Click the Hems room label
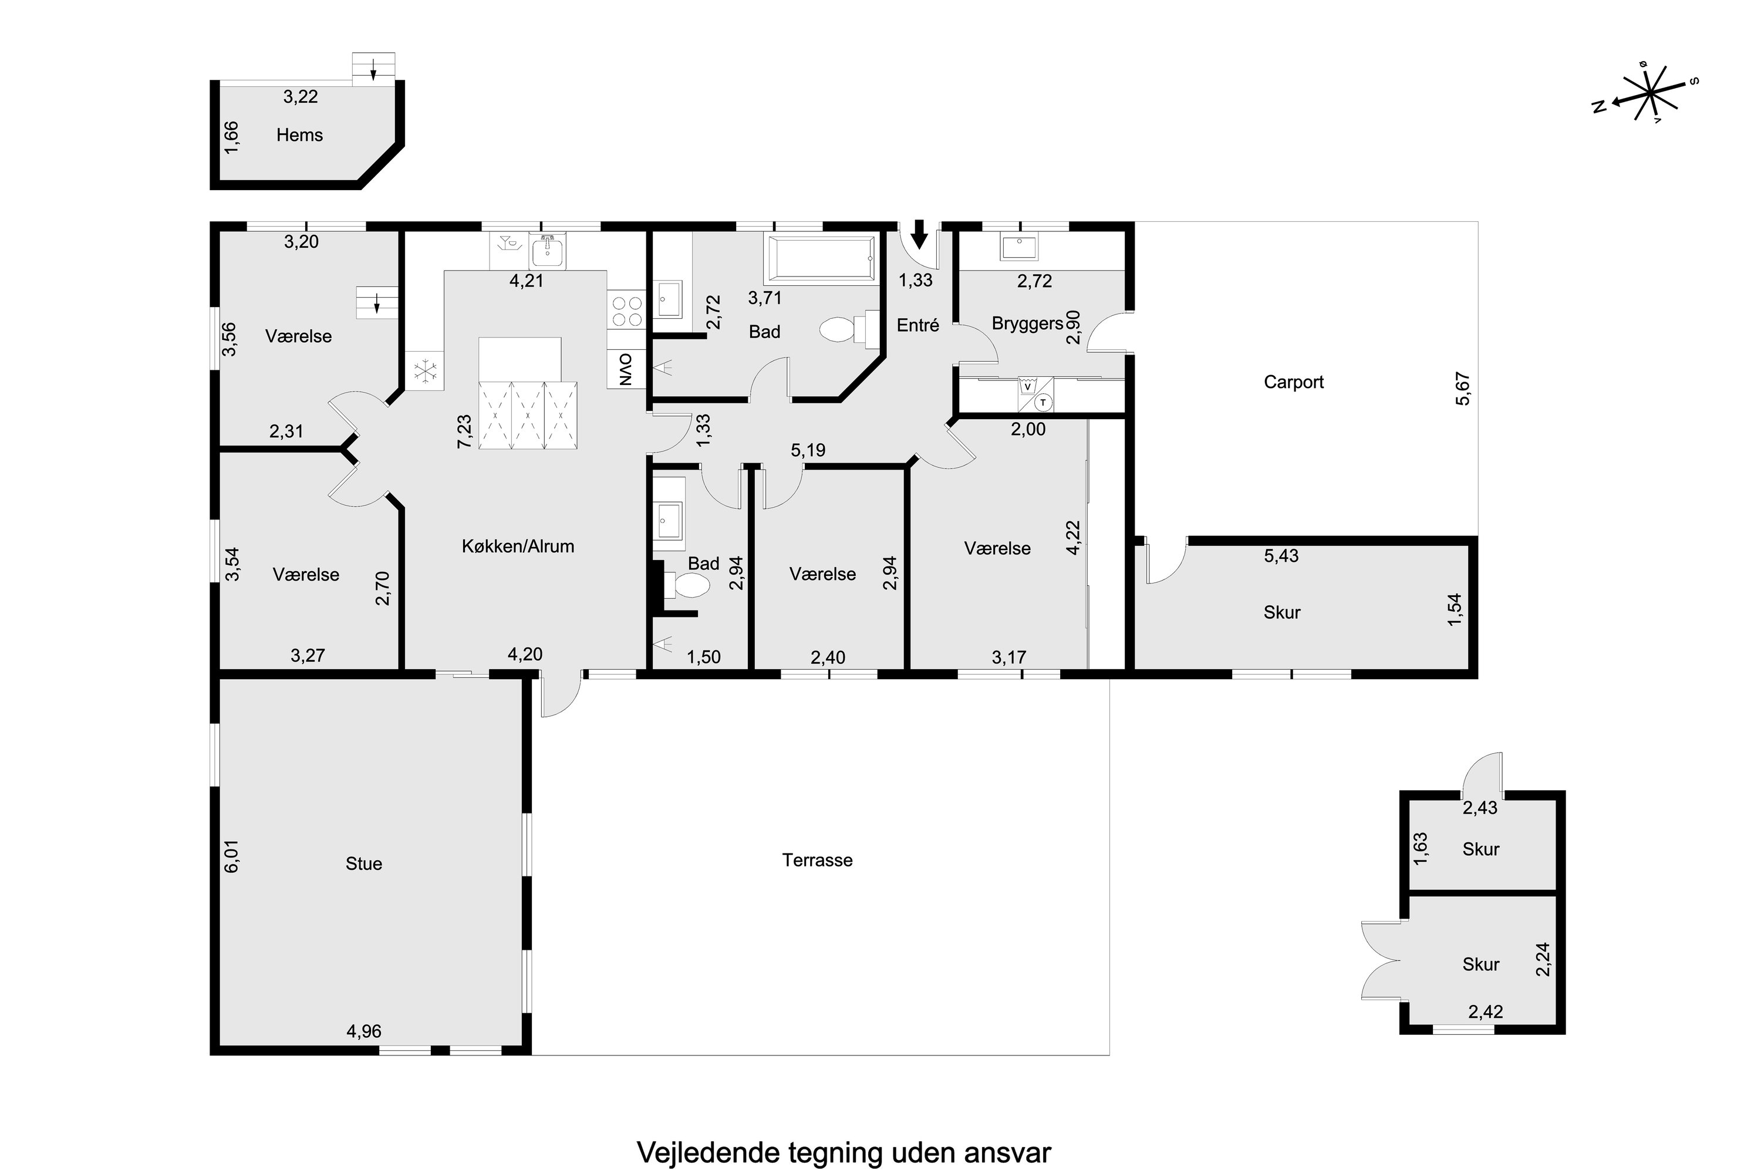tap(299, 136)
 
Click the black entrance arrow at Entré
tap(919, 234)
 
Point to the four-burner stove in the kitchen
tap(626, 311)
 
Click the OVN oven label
tap(626, 369)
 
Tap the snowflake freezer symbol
tap(425, 372)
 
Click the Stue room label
tap(364, 864)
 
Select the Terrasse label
tap(817, 861)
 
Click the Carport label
tap(1293, 382)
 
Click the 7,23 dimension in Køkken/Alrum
tap(464, 431)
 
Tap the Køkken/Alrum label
tap(518, 546)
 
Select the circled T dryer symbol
tap(1043, 403)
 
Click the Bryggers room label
tap(1027, 323)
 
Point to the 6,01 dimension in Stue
tap(231, 856)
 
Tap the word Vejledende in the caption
tap(709, 1152)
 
